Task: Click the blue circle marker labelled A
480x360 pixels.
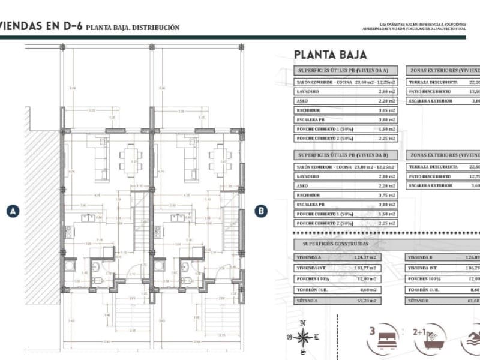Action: pos(13,211)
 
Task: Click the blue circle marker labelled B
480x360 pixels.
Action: pos(261,211)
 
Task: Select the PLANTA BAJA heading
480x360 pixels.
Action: pos(330,55)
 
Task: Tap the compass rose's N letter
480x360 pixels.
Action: pos(303,324)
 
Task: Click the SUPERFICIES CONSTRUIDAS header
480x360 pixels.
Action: pos(331,244)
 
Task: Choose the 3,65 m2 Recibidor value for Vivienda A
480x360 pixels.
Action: pos(387,110)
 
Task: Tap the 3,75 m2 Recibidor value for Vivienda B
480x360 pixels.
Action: pos(387,195)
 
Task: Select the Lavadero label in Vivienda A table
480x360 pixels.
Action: pos(308,91)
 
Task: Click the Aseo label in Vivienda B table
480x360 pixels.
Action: pos(302,186)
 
